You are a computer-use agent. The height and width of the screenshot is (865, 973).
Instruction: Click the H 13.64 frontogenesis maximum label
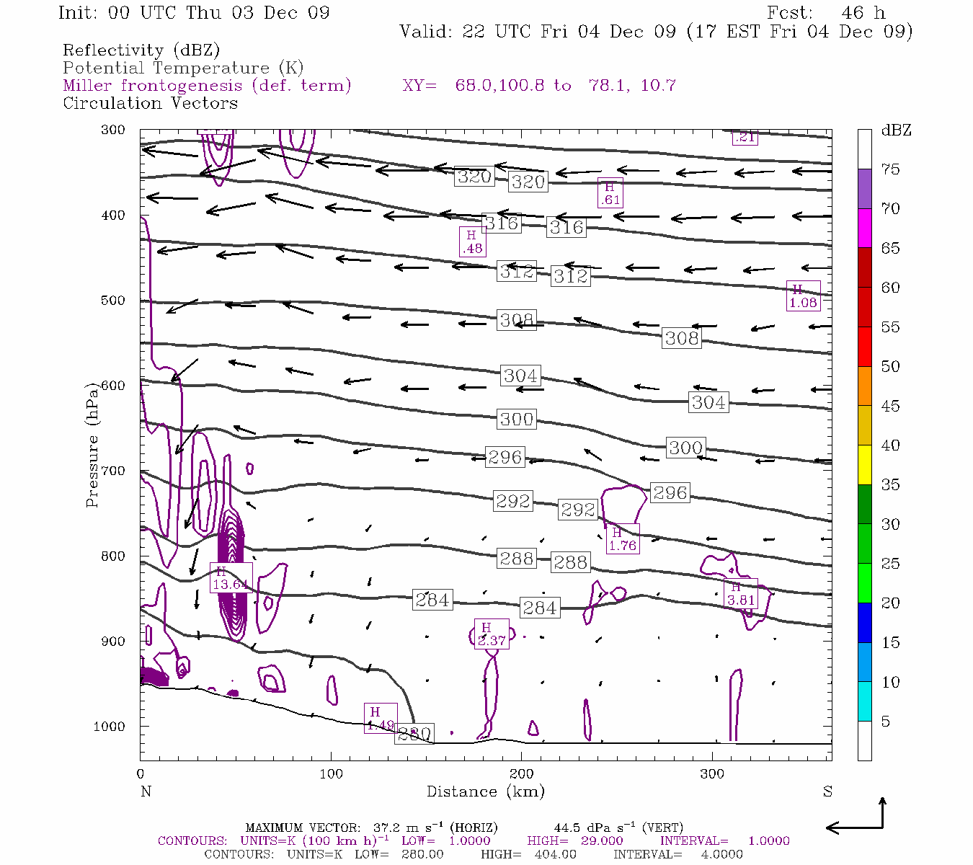tap(231, 578)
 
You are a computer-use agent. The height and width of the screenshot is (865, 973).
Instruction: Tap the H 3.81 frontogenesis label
tap(740, 593)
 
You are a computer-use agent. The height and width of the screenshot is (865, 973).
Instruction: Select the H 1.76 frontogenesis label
tap(622, 539)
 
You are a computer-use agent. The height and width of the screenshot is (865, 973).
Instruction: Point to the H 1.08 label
tap(802, 296)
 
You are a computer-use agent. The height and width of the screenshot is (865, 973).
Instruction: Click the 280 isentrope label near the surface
tap(414, 734)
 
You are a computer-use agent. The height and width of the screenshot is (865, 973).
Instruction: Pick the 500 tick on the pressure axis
tap(113, 301)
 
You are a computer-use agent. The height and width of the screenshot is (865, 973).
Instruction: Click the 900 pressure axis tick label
tap(113, 642)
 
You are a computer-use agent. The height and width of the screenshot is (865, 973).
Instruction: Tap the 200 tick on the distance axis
tap(521, 774)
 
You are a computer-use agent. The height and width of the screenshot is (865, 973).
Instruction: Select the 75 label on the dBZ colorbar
tap(890, 169)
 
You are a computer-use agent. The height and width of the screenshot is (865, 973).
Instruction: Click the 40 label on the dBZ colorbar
tap(890, 445)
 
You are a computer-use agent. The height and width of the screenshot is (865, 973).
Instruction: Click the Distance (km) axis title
tap(485, 791)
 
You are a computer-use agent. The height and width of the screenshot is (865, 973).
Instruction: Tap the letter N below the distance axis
tap(146, 791)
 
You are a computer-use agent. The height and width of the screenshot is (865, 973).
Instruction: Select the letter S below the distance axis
tap(827, 791)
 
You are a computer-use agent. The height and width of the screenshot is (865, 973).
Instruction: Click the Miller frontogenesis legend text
tap(207, 86)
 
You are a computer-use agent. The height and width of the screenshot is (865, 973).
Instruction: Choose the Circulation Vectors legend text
tap(150, 103)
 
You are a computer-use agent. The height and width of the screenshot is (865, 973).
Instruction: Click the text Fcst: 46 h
tap(826, 13)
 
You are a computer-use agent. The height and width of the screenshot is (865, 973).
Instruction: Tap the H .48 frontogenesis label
tap(472, 242)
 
